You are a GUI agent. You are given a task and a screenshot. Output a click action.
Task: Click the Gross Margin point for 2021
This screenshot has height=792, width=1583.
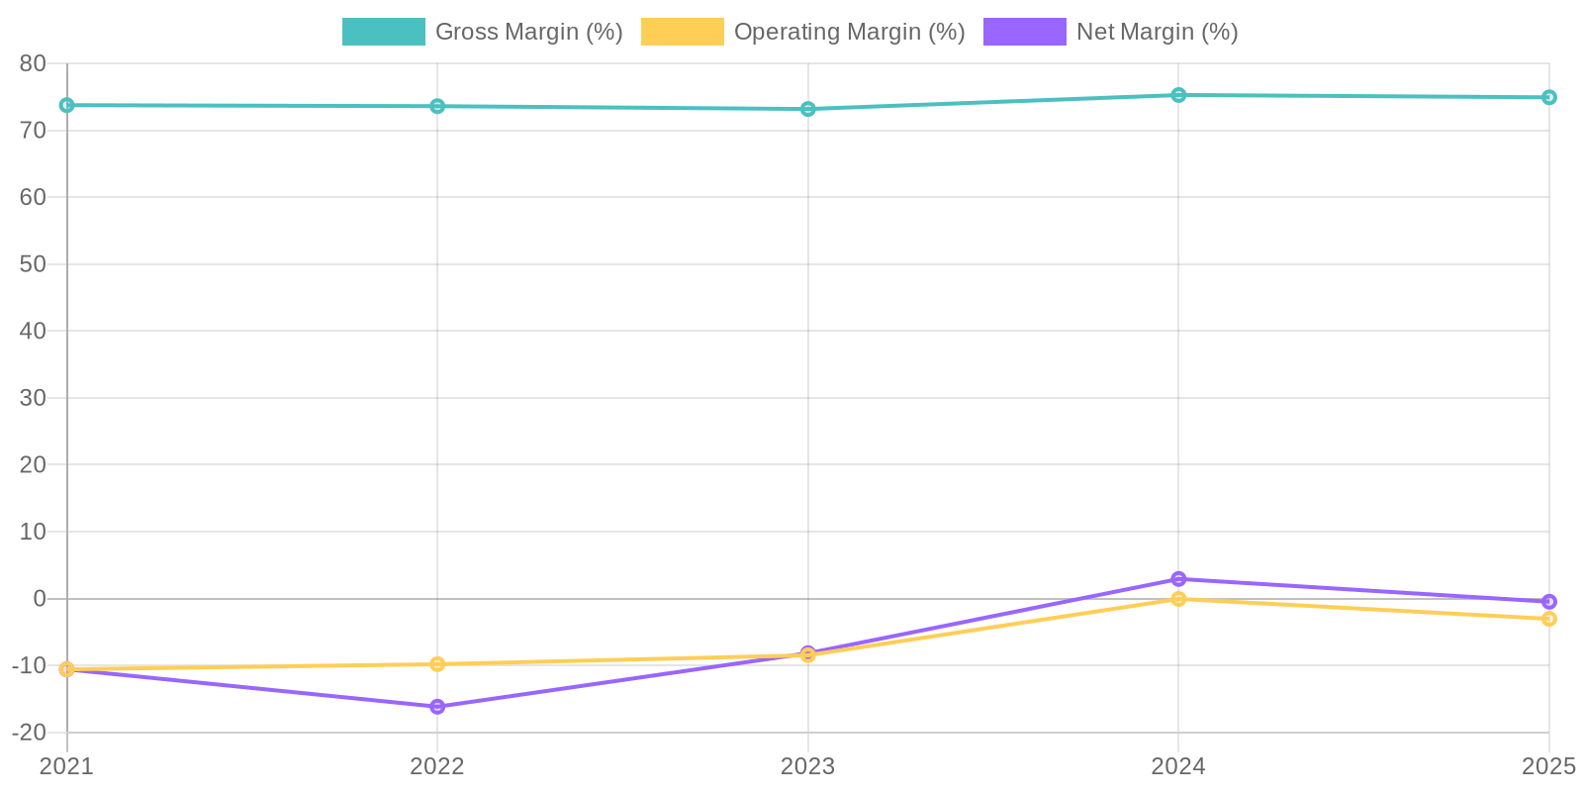tap(66, 105)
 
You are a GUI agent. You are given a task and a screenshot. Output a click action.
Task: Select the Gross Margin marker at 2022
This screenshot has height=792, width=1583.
tap(437, 106)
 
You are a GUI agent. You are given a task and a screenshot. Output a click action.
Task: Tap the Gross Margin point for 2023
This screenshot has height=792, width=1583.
tap(808, 109)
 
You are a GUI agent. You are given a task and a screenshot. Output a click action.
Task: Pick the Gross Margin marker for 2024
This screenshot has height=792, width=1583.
tap(1178, 95)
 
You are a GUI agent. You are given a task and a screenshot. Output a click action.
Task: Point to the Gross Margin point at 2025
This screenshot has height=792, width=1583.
tap(1549, 97)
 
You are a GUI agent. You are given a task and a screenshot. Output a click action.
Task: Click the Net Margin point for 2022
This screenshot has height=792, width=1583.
tap(437, 707)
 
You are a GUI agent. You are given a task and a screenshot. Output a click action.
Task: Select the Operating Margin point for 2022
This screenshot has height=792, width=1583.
tap(437, 664)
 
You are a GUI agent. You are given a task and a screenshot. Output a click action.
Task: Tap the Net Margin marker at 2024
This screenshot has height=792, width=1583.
tap(1178, 579)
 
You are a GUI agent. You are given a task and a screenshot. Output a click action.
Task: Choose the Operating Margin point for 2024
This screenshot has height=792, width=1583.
tap(1178, 599)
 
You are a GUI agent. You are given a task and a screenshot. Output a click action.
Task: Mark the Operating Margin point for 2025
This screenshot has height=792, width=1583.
tap(1549, 619)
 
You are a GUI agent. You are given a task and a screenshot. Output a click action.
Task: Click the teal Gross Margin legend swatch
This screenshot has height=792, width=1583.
tap(383, 32)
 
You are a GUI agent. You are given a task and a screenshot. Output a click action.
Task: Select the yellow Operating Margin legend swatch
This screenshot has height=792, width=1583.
tap(682, 32)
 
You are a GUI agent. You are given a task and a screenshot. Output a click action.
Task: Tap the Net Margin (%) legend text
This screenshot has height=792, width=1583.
tap(1157, 32)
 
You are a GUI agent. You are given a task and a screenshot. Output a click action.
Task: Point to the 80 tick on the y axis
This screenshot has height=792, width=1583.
tap(33, 63)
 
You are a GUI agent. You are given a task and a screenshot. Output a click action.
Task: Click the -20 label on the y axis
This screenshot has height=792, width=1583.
tap(29, 733)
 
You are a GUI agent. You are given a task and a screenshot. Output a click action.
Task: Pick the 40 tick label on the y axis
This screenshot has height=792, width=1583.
tap(33, 331)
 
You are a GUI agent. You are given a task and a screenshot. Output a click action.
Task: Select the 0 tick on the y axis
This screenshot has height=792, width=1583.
tap(40, 599)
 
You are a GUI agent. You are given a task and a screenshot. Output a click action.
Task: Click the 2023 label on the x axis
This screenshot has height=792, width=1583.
tap(808, 766)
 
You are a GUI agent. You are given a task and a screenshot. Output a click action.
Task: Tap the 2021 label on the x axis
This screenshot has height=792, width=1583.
tap(66, 766)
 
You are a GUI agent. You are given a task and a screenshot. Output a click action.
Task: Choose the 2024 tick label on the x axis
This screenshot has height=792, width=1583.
tap(1178, 766)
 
